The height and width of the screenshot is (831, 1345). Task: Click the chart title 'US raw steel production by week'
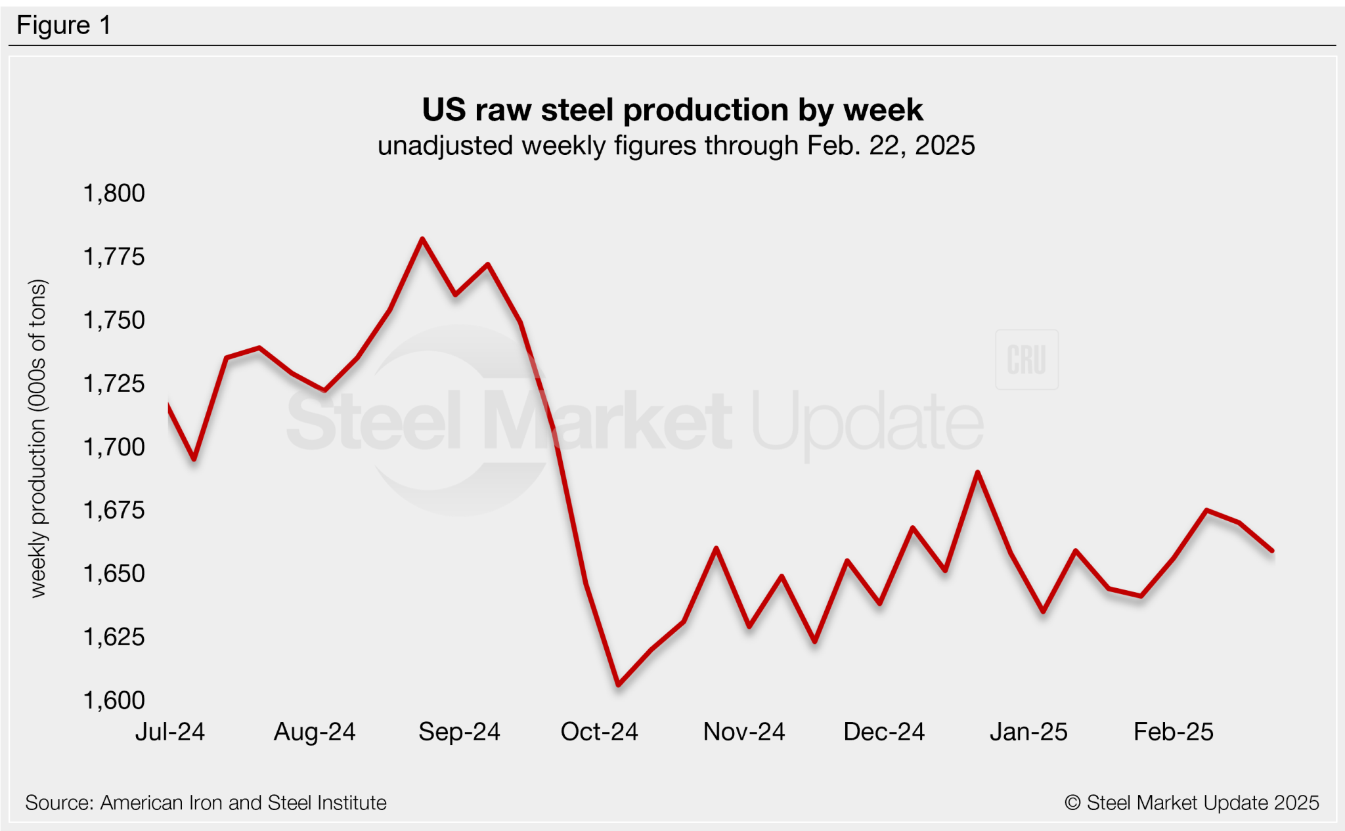click(672, 110)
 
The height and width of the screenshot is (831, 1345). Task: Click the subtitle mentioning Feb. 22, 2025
click(676, 146)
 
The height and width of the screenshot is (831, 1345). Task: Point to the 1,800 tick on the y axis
click(114, 193)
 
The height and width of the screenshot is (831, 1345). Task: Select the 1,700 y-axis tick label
click(114, 447)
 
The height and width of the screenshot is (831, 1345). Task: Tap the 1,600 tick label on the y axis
click(114, 700)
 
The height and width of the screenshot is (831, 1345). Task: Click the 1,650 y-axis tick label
click(114, 574)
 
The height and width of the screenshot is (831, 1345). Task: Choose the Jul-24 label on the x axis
click(170, 732)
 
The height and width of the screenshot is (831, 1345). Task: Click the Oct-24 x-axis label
click(599, 732)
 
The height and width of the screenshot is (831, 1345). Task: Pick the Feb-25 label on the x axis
click(1173, 732)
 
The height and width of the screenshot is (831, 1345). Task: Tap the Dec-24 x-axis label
click(883, 732)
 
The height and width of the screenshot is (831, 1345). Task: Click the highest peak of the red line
click(422, 239)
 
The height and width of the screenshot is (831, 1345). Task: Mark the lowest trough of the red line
click(619, 685)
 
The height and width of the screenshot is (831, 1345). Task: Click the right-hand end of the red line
click(1272, 551)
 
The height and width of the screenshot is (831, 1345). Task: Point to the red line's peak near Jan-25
click(978, 472)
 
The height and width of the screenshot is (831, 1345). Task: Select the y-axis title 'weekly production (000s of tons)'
click(38, 438)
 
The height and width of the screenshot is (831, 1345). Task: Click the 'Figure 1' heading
click(64, 26)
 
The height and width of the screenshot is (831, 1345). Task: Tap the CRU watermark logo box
click(1026, 360)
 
